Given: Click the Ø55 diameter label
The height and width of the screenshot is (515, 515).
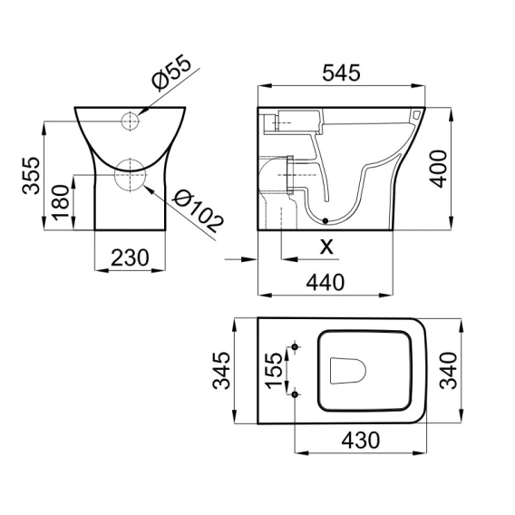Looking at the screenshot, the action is tap(170, 74).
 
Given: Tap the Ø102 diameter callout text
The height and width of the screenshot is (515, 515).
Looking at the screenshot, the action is tap(198, 211).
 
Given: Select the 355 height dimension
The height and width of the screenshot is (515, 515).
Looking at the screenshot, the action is tap(32, 175).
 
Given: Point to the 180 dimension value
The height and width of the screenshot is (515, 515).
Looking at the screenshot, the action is tap(61, 203).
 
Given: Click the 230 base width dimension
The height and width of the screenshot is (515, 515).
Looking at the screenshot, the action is tap(130, 257).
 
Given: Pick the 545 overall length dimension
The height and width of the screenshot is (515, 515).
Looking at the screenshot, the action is tap(341, 73).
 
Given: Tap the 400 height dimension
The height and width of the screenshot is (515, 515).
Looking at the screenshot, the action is tap(438, 169).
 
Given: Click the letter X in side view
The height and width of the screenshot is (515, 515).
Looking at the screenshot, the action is tap(326, 247).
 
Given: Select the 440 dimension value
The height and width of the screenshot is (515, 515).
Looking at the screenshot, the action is tap(326, 283).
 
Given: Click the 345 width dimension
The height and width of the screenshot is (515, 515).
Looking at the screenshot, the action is tap(221, 371).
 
